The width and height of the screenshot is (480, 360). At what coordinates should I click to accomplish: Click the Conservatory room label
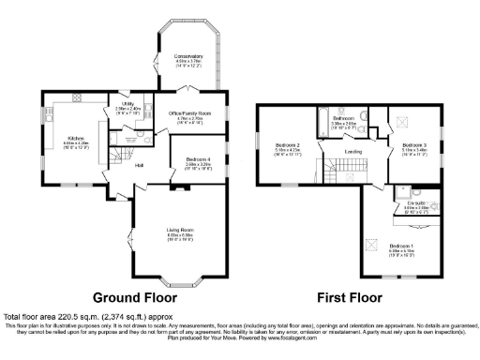187,58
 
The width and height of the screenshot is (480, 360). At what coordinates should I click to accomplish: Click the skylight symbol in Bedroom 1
372,221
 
